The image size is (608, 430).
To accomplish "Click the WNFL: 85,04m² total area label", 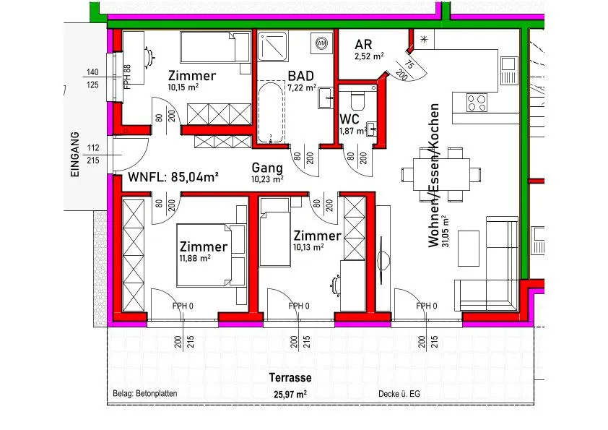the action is [173, 177].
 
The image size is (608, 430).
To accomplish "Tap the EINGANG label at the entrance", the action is [75, 155].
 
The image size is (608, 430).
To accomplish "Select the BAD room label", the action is [300, 76].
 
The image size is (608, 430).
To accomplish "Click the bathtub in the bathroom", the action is [270, 112].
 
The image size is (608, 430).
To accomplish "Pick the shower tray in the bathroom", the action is [273, 46].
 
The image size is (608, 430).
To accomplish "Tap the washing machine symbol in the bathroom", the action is [321, 43].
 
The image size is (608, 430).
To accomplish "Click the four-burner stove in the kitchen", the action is [477, 103].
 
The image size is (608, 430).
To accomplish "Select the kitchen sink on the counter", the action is [508, 71].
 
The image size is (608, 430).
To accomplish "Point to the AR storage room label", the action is [363, 44].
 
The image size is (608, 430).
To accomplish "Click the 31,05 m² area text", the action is [446, 231].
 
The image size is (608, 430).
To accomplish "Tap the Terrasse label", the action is [290, 377].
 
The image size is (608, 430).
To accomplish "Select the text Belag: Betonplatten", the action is [145, 393].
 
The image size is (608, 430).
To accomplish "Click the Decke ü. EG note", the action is [399, 394].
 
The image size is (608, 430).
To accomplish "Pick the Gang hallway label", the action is [267, 168].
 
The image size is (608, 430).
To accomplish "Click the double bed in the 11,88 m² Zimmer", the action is [212, 255].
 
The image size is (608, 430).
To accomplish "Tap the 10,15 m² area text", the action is [183, 87].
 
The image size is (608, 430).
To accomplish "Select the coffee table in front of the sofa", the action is [469, 249].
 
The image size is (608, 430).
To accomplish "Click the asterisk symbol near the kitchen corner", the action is [424, 39].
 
